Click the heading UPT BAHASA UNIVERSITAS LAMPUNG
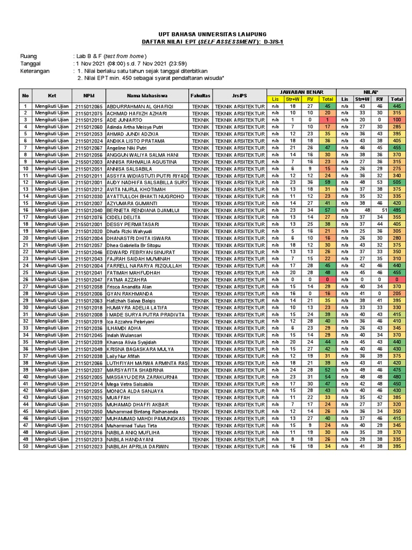[206, 33]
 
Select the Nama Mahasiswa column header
[146, 95]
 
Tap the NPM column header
[89, 95]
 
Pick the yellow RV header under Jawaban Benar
[310, 99]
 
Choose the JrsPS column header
[240, 95]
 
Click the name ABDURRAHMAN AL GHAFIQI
[137, 106]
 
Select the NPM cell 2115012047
[89, 280]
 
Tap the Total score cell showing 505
[397, 183]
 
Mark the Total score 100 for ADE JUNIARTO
[397, 120]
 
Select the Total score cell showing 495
[397, 211]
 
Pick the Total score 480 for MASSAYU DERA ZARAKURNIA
[397, 377]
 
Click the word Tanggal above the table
[31, 63]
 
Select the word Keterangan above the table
[35, 70]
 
